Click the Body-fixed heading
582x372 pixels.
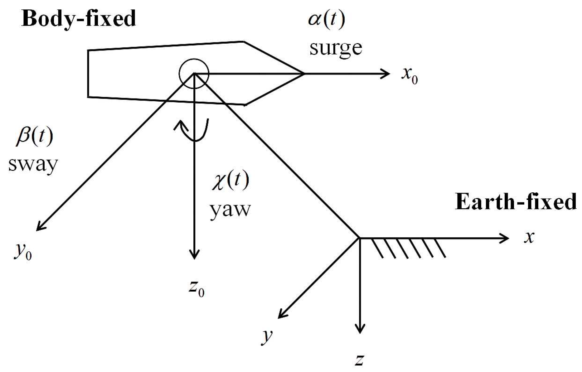click(x=79, y=19)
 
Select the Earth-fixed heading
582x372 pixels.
click(x=516, y=202)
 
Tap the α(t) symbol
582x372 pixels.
click(x=326, y=19)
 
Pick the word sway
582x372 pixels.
click(x=33, y=164)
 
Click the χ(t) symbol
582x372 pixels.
click(x=230, y=181)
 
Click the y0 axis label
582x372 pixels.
click(x=22, y=251)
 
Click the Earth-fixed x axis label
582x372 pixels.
click(x=529, y=238)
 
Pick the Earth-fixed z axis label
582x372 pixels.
click(x=360, y=360)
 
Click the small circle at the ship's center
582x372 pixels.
click(x=194, y=74)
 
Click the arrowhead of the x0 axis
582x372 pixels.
click(x=386, y=74)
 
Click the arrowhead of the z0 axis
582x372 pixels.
click(x=194, y=255)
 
